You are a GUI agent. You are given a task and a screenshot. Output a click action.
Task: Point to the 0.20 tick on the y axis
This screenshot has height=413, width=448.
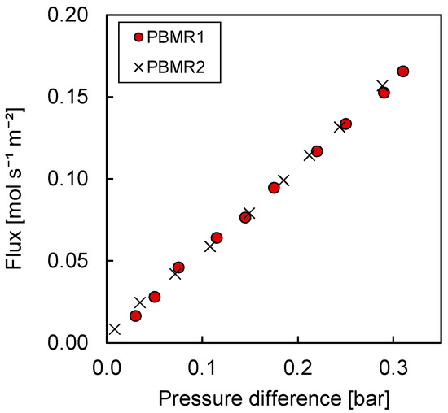click(x=78, y=15)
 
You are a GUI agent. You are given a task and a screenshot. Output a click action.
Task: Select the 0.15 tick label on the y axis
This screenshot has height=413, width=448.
click(x=78, y=97)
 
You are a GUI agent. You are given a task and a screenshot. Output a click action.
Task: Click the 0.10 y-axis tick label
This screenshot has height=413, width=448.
click(x=78, y=179)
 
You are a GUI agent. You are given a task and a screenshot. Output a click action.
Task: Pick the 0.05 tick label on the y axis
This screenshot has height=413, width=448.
click(x=78, y=261)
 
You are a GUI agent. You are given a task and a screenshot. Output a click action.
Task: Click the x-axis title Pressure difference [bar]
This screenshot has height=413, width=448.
click(x=275, y=398)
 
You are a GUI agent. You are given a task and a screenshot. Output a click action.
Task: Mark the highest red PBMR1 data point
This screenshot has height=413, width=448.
click(x=402, y=72)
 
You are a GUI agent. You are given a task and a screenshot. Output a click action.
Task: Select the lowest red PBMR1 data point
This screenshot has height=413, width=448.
click(x=135, y=315)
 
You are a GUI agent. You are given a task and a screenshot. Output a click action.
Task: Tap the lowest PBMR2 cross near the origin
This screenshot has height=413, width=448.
click(x=115, y=329)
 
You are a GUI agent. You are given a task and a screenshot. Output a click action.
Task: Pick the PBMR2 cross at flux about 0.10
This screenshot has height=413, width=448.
click(x=283, y=180)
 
